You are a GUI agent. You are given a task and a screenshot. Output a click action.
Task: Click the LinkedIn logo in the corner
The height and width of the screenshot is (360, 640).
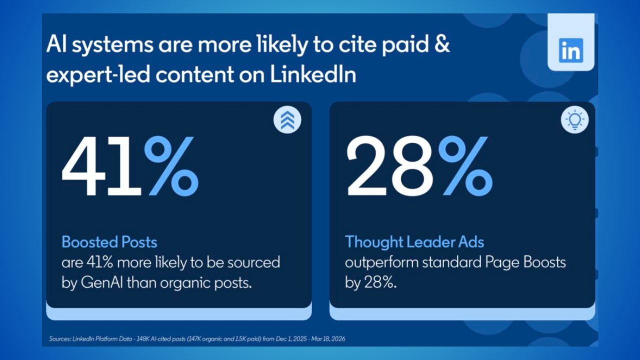(x=571, y=50)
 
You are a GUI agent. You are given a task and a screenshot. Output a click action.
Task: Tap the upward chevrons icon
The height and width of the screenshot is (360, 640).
(x=287, y=120)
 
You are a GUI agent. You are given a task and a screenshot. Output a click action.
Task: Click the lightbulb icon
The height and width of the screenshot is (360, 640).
(x=574, y=119)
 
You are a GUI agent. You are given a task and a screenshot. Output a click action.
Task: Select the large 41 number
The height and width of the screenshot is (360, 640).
(x=101, y=166)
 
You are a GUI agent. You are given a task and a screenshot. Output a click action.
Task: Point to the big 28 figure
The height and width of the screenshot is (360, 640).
(x=390, y=166)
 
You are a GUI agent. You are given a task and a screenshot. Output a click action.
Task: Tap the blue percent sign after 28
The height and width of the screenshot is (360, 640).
(x=465, y=166)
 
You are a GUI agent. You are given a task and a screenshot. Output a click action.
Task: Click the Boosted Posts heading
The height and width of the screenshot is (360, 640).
(x=109, y=242)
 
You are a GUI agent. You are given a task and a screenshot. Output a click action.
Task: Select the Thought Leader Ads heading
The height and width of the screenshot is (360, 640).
(x=414, y=241)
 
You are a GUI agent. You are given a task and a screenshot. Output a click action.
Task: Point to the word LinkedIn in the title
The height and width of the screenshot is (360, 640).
(x=313, y=74)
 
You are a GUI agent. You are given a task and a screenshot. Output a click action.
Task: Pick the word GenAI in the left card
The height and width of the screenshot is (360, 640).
(x=102, y=283)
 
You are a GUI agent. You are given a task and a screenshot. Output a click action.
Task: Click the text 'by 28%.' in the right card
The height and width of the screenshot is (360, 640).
(x=371, y=283)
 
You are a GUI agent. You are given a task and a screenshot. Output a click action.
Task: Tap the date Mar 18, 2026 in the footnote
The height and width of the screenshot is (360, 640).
(x=328, y=339)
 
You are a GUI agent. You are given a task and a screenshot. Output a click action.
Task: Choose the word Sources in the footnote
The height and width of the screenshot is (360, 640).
(x=59, y=339)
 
